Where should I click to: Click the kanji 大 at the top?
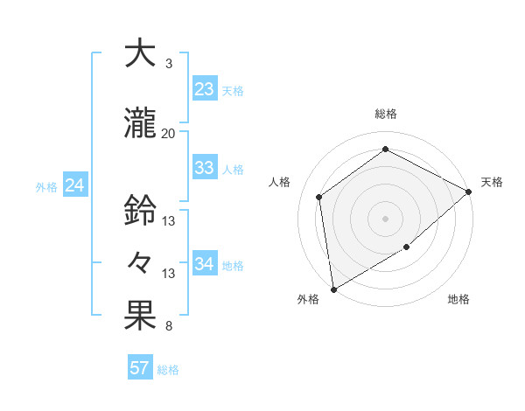[141, 53]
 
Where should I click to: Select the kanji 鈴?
[141, 210]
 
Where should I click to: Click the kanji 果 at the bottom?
[141, 317]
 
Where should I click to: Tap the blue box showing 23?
[204, 88]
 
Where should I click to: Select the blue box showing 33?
[204, 168]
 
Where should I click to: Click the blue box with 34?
[204, 264]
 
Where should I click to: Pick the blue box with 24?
[75, 185]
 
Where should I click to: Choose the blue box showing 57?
[140, 367]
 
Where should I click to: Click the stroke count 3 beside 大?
[168, 64]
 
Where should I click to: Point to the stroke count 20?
[168, 133]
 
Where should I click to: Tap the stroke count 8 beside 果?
[168, 327]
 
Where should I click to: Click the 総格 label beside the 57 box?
[168, 369]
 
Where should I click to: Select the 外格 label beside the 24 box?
[46, 186]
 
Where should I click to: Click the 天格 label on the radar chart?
[492, 182]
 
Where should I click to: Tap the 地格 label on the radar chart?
[458, 299]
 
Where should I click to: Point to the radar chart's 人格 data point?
[319, 197]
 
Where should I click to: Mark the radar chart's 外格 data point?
[333, 289]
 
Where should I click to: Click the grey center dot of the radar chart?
[385, 218]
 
